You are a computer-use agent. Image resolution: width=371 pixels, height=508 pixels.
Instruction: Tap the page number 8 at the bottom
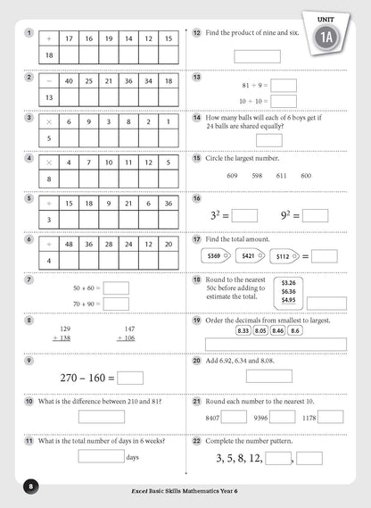point(29,486)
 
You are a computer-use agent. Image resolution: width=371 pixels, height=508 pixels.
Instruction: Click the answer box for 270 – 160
point(130,378)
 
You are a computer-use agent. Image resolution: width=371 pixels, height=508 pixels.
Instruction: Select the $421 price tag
point(250,256)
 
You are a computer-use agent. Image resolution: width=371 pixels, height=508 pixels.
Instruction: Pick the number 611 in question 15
point(282,176)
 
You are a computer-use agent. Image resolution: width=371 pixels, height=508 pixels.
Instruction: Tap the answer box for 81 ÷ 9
point(284,86)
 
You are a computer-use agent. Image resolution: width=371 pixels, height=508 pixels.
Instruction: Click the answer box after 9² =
point(315,215)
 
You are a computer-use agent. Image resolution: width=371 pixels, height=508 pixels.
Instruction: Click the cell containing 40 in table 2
point(68,80)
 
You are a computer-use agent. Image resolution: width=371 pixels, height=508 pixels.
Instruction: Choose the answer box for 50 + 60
point(116,287)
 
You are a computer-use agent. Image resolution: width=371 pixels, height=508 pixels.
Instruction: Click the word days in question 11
point(133,457)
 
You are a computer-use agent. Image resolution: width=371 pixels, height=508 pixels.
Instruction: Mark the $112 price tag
point(288,256)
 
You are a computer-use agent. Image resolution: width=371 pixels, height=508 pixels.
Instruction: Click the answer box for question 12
point(257,55)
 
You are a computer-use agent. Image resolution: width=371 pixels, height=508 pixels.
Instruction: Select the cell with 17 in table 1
point(68,39)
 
